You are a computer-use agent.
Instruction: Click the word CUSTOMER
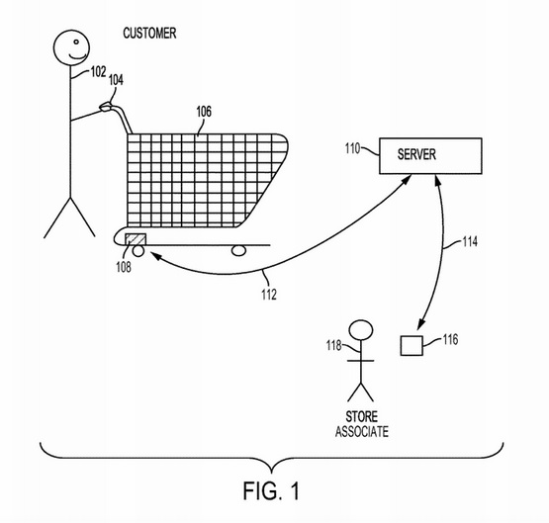tap(149, 34)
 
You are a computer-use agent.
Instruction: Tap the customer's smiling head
tap(71, 47)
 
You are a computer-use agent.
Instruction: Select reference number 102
tap(98, 72)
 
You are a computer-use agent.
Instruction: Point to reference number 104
tap(116, 80)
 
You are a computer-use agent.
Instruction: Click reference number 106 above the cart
tap(204, 112)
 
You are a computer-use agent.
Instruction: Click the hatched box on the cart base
tap(136, 239)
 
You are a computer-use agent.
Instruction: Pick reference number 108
tap(124, 267)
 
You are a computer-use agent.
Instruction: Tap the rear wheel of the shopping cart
tap(138, 251)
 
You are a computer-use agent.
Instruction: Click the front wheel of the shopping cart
tap(238, 250)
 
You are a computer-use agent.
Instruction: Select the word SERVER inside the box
tap(416, 154)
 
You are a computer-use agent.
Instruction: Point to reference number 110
tap(352, 148)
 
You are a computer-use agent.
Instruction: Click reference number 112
tap(269, 295)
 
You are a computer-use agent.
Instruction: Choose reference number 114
tap(470, 242)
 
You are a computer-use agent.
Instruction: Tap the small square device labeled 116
tap(412, 346)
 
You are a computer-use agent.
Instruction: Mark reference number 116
tap(450, 339)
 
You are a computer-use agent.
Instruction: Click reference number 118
tap(333, 346)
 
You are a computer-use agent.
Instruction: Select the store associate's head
tap(361, 330)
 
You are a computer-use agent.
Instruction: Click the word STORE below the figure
tap(362, 416)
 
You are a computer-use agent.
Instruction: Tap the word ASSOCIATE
tap(362, 432)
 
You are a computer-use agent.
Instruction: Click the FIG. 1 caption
tap(272, 490)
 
